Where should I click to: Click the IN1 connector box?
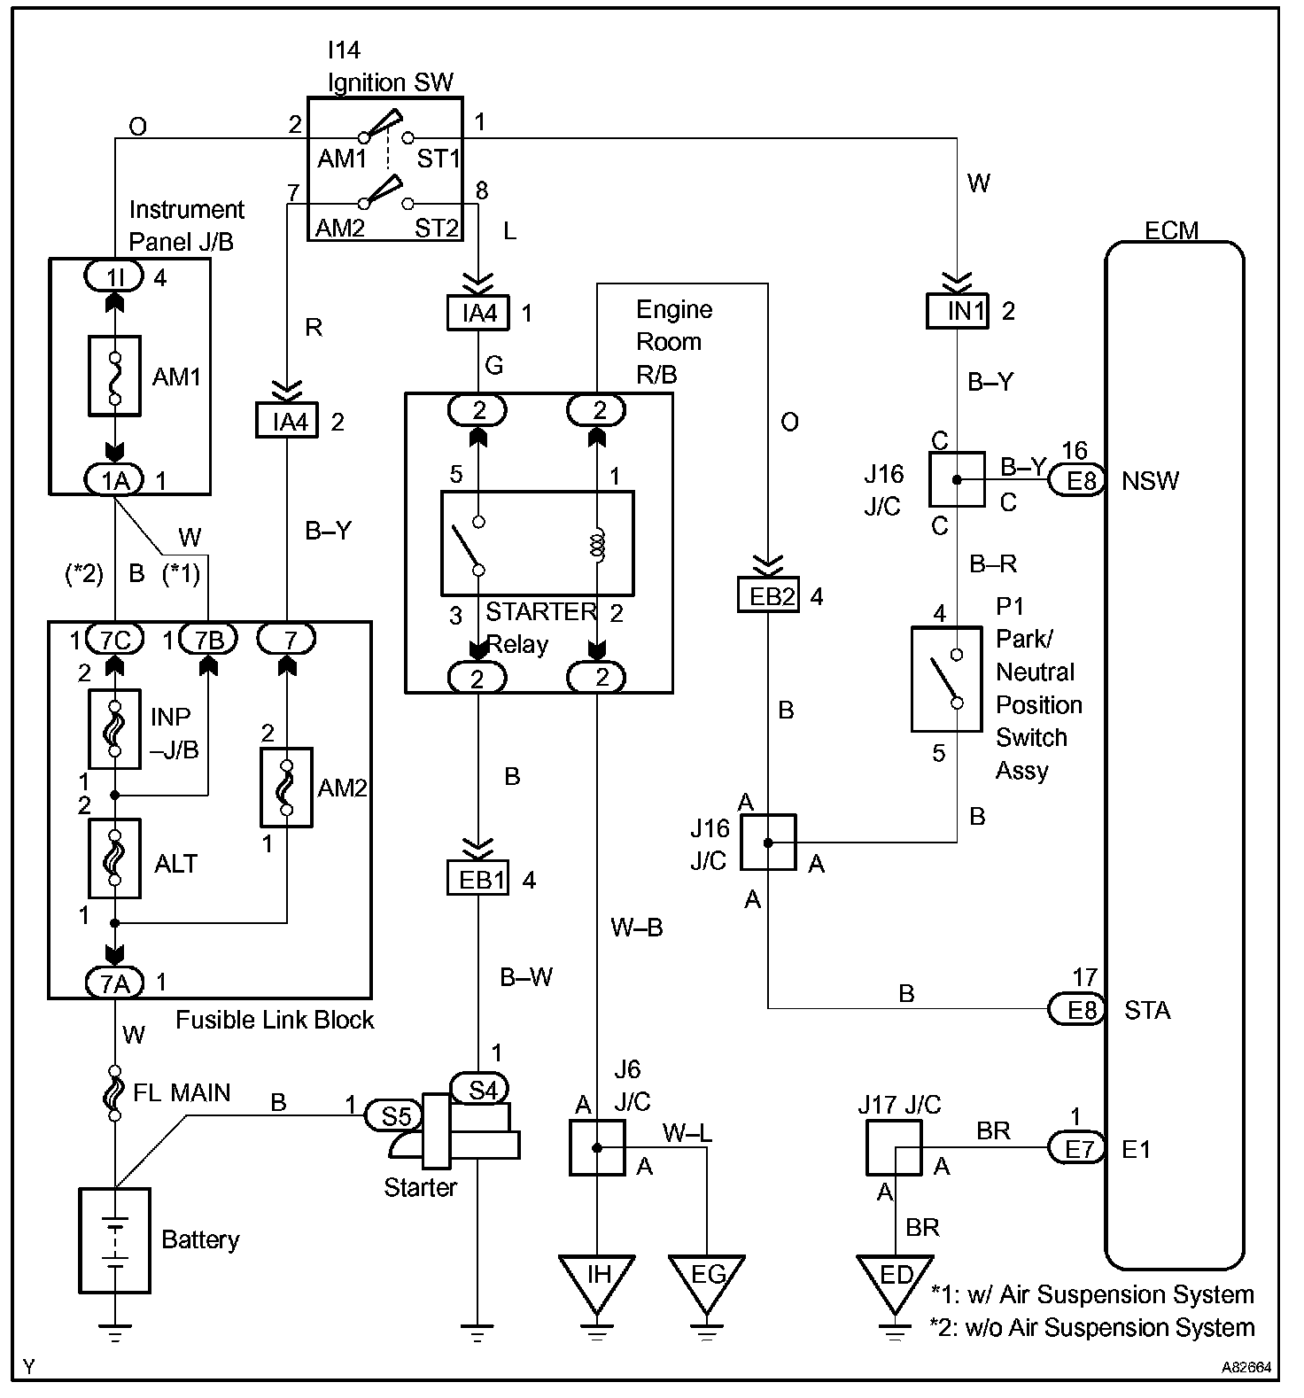tap(957, 311)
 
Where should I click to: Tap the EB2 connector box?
tap(768, 595)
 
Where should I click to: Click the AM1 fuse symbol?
tap(114, 376)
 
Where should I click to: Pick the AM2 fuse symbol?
tap(286, 788)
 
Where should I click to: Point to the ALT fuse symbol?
tap(114, 858)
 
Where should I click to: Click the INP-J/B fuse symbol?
tap(114, 728)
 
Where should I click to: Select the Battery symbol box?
tap(114, 1240)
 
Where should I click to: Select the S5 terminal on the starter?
tap(395, 1115)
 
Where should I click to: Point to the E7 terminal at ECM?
tap(1077, 1148)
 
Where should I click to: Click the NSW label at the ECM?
tap(1150, 481)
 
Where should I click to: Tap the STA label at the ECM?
tap(1146, 1010)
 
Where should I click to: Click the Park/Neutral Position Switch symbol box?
tap(947, 680)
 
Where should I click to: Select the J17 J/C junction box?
tap(894, 1147)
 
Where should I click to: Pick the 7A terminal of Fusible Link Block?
tap(114, 982)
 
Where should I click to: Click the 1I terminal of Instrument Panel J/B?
tap(114, 277)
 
